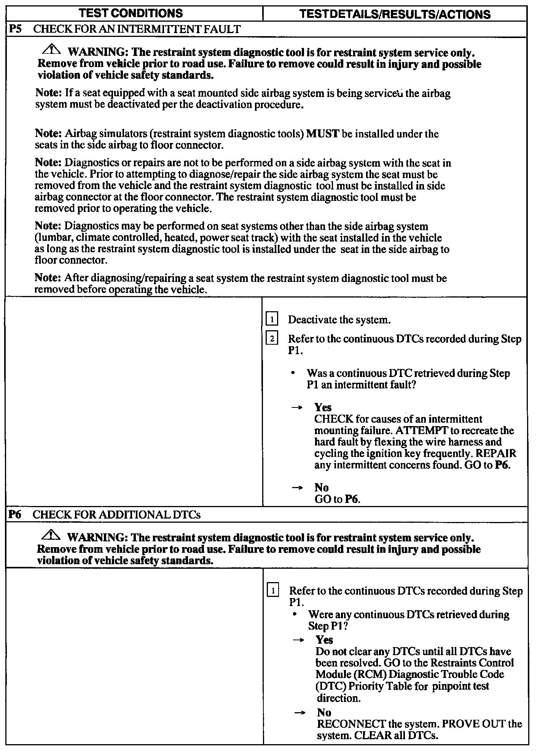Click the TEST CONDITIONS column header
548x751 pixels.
point(131,13)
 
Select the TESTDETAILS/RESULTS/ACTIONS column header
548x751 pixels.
point(395,14)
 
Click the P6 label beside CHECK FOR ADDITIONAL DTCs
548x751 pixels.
point(15,515)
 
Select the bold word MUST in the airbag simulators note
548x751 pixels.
point(322,134)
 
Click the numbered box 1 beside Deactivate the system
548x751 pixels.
point(272,319)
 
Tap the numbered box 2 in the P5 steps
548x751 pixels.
point(272,338)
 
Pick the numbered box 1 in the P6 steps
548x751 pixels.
point(273,590)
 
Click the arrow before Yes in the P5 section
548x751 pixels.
point(297,407)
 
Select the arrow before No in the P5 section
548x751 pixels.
point(297,488)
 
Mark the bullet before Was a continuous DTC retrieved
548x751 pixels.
point(293,373)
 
